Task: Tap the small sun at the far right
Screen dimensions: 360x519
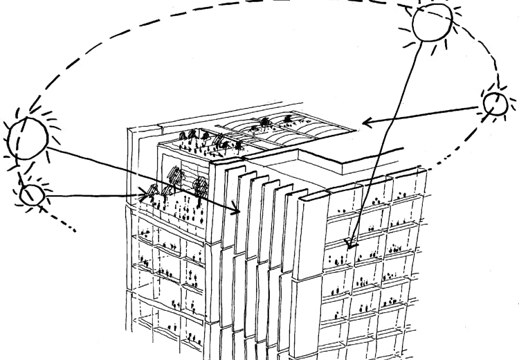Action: (x=495, y=103)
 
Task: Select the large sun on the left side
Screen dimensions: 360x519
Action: (x=28, y=136)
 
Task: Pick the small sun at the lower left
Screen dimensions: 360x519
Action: (x=31, y=195)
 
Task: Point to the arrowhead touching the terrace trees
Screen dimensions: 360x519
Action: (x=147, y=195)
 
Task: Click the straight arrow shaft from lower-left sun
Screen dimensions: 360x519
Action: (x=90, y=196)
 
